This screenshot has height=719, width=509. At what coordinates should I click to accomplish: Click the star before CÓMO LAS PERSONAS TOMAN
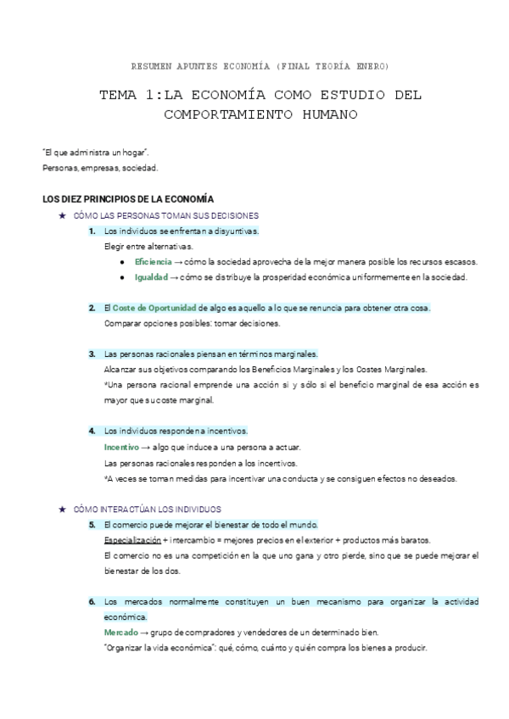click(x=62, y=216)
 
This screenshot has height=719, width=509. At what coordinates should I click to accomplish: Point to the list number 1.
click(x=92, y=231)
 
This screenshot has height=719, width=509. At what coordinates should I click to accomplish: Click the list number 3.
click(x=92, y=354)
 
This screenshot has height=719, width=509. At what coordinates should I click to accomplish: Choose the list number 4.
click(x=92, y=431)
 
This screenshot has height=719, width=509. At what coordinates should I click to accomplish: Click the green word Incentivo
click(x=120, y=447)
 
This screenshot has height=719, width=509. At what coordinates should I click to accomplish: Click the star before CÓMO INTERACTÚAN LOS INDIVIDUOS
click(x=62, y=509)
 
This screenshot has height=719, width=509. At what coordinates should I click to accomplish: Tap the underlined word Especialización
click(x=131, y=539)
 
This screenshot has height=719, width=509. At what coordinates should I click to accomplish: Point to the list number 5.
click(x=92, y=524)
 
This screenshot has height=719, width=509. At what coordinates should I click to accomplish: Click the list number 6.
click(x=92, y=601)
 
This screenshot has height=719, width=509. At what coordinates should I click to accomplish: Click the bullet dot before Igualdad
click(x=123, y=277)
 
